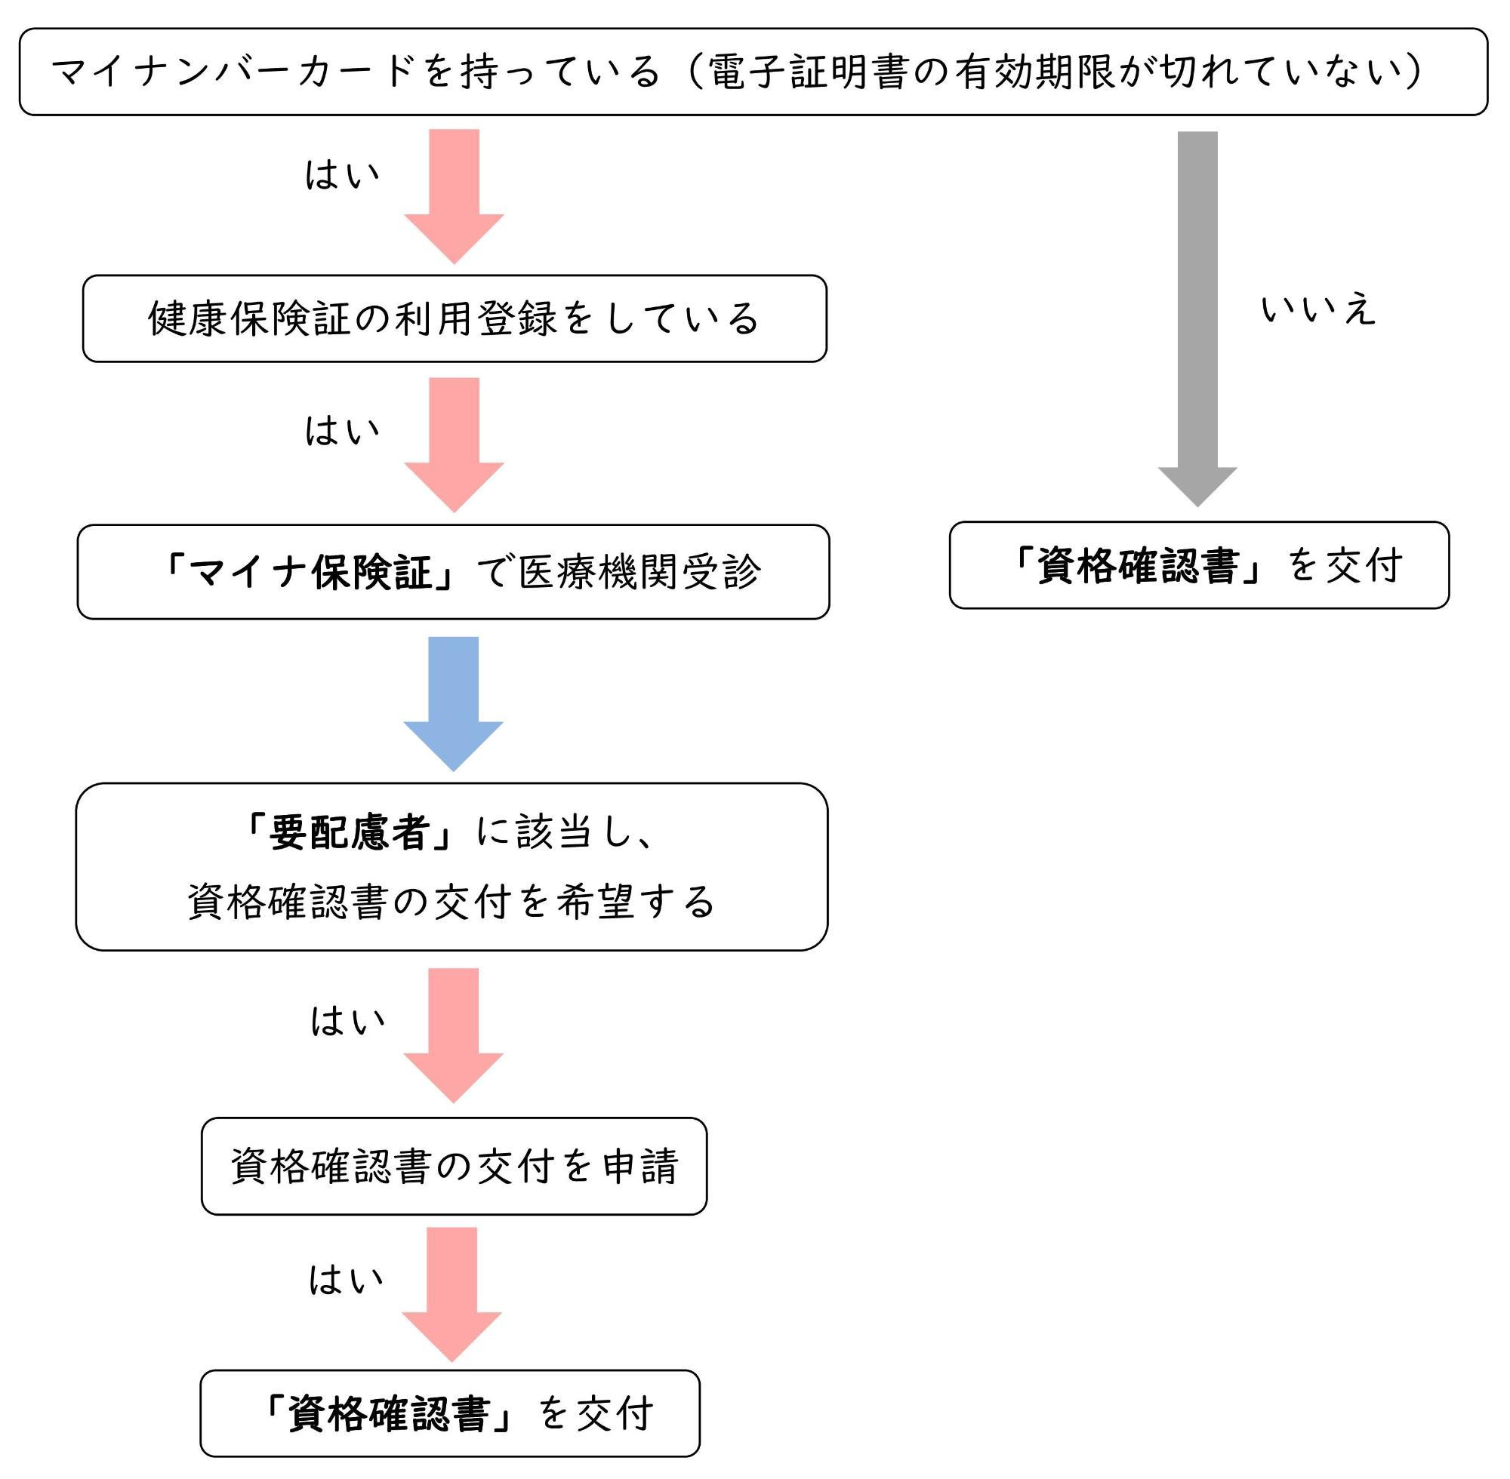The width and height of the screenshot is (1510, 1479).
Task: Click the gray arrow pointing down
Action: pyautogui.click(x=1197, y=318)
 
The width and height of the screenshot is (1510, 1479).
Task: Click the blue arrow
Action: pyautogui.click(x=453, y=703)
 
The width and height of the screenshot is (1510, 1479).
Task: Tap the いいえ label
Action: pyautogui.click(x=1318, y=310)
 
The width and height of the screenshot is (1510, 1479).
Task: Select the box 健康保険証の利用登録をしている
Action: pyautogui.click(x=455, y=318)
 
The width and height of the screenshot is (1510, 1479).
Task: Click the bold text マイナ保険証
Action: pyautogui.click(x=310, y=573)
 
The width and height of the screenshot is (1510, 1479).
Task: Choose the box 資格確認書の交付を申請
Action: pyautogui.click(x=454, y=1166)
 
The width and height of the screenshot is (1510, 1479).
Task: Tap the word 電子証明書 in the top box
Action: pyautogui.click(x=809, y=72)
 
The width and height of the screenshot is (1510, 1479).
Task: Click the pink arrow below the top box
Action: pyautogui.click(x=454, y=195)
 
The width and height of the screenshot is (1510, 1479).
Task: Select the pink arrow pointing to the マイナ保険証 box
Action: pyautogui.click(x=454, y=444)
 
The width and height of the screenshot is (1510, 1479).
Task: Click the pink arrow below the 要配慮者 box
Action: pyautogui.click(x=453, y=1035)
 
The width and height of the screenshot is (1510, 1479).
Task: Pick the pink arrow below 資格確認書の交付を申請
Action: pyautogui.click(x=451, y=1294)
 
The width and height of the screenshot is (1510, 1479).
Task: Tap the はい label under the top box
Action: pyautogui.click(x=342, y=175)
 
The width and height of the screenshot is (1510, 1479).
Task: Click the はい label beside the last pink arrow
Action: pyautogui.click(x=347, y=1279)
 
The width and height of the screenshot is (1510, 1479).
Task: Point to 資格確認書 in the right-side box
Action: pyautogui.click(x=1138, y=564)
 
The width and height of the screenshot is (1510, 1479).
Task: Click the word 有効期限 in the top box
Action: pyautogui.click(x=1034, y=72)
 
